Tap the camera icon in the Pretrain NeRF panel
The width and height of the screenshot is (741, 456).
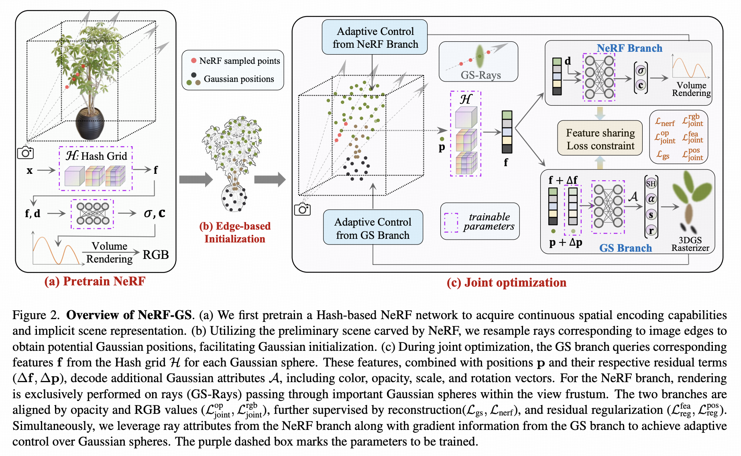coord(25,153)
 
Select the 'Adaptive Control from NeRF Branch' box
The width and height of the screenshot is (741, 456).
coord(375,37)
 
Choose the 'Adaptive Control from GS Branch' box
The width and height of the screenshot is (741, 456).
coord(373,228)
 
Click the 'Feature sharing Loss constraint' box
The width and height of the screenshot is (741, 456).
coord(600,139)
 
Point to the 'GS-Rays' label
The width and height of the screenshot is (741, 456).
coord(480,75)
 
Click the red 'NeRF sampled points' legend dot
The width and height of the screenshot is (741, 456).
coord(193,61)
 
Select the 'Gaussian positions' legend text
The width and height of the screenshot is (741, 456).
coord(239,79)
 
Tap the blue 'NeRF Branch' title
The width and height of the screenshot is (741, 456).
coord(629,48)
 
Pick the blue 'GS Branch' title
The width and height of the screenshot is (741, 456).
coord(625,248)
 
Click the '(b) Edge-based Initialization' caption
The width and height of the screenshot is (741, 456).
coord(235,232)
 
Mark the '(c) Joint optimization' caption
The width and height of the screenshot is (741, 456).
coord(506,283)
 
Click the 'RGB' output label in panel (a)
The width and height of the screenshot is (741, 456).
coord(156,254)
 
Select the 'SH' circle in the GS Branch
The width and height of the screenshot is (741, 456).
coord(651,183)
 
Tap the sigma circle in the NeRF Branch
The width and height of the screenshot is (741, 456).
coord(641,71)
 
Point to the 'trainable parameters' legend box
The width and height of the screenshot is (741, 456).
coord(480,222)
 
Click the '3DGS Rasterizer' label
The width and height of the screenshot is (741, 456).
coord(690,244)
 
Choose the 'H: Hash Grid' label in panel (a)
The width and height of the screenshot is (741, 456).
coord(96,156)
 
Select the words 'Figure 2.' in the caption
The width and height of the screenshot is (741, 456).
coord(36,315)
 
